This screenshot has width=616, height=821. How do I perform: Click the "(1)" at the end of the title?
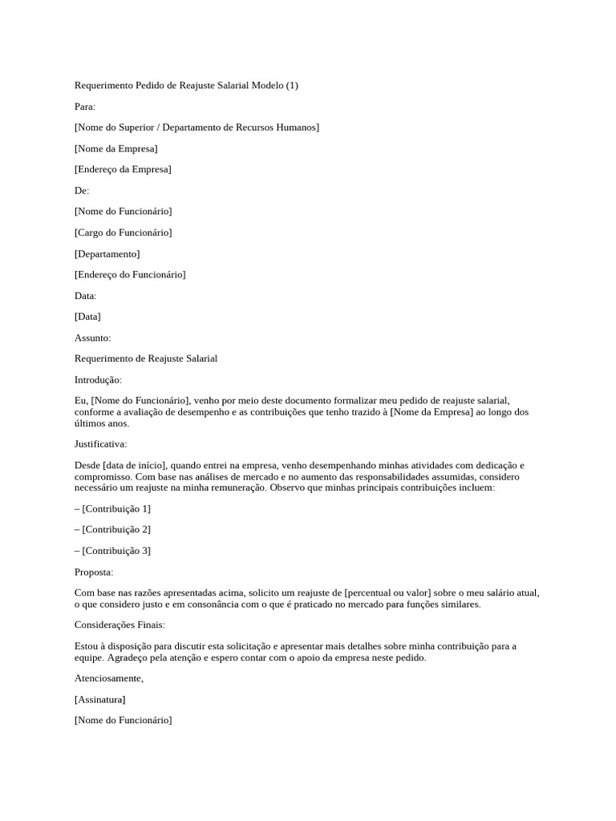[x=291, y=86]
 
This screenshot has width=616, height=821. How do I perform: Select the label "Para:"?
[x=85, y=107]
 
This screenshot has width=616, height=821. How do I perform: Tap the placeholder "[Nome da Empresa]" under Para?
[x=116, y=148]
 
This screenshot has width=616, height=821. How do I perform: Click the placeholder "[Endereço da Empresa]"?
[x=123, y=169]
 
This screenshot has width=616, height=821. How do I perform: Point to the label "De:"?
[x=82, y=190]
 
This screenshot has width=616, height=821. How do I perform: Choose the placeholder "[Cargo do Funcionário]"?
[x=123, y=233]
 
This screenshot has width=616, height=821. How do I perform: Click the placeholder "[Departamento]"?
[x=107, y=253]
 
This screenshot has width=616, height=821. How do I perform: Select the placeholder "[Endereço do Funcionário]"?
[x=130, y=274]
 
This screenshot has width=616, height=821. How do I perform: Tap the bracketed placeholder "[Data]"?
[x=87, y=317]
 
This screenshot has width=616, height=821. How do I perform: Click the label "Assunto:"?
[x=93, y=338]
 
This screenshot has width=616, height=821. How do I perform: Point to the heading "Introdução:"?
[x=98, y=380]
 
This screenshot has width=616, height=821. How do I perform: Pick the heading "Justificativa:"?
[x=100, y=443]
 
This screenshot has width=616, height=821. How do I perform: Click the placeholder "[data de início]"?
[x=135, y=465]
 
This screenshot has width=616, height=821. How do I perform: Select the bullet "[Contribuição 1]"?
[x=116, y=508]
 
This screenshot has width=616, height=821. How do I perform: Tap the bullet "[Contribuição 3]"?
[x=116, y=551]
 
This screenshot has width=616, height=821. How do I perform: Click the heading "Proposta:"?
[x=94, y=572]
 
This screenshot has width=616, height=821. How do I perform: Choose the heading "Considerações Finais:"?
[x=120, y=625]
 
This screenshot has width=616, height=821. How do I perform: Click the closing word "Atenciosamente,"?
[x=109, y=678]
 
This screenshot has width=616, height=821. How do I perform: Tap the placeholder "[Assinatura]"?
[x=99, y=699]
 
